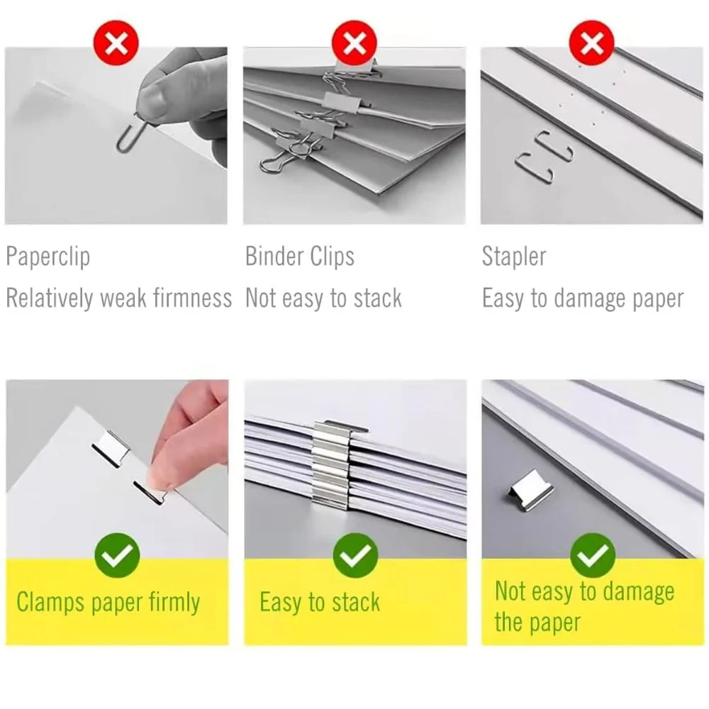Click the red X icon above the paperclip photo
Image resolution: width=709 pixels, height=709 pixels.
(x=116, y=43)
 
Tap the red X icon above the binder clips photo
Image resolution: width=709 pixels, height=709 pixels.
(x=354, y=43)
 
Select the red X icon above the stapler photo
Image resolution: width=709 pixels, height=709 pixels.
(x=591, y=43)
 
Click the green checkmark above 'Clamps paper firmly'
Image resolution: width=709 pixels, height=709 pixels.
(x=117, y=555)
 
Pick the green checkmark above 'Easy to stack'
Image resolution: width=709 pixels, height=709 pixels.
(x=355, y=555)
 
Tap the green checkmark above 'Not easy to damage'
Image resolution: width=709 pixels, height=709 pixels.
(x=592, y=555)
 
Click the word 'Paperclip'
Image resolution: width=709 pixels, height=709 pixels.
(x=48, y=257)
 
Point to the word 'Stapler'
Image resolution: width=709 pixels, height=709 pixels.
(x=514, y=257)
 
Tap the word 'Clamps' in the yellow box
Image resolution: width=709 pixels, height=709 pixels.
(x=50, y=603)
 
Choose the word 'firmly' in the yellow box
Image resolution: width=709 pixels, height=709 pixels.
(x=174, y=603)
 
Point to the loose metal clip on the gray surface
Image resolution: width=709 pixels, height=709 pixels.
(x=531, y=491)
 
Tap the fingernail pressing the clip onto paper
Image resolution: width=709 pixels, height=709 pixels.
(x=157, y=479)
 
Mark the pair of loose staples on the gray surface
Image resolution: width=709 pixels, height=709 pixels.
(x=545, y=157)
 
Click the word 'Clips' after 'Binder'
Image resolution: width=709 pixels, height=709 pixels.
(x=333, y=257)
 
